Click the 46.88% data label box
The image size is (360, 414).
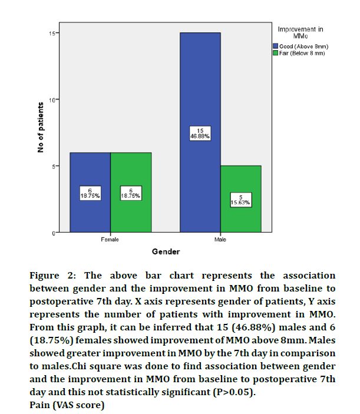[200, 133]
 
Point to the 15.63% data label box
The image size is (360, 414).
[241, 200]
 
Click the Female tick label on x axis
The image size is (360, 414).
[110, 240]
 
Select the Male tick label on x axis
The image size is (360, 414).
[220, 240]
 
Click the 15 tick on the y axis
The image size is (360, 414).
[52, 33]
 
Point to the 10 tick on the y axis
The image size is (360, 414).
[52, 100]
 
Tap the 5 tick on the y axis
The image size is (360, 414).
[54, 166]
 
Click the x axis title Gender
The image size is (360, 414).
[166, 252]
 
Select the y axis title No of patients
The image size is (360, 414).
[41, 128]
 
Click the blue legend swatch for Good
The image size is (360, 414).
[275, 45]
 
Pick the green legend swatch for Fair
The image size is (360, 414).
[275, 52]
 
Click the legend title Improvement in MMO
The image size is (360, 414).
[301, 32]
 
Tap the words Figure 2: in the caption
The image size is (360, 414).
[52, 276]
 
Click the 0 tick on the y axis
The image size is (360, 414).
[54, 233]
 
